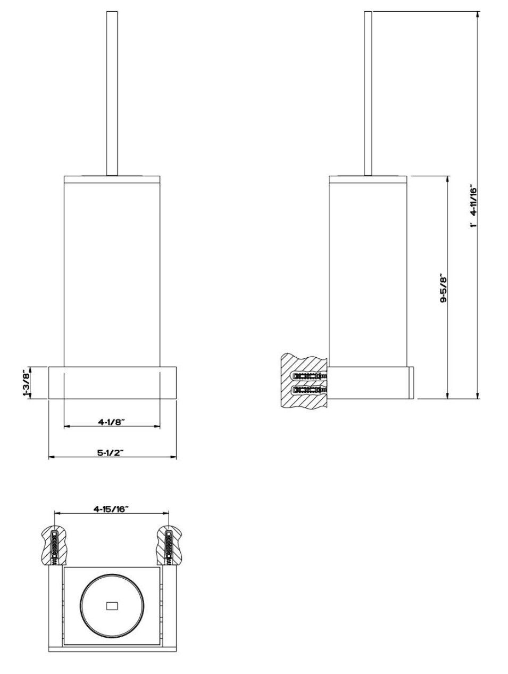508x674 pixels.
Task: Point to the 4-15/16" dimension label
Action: click(x=111, y=508)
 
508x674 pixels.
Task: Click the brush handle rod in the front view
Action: click(x=112, y=93)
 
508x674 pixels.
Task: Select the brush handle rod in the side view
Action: click(x=368, y=93)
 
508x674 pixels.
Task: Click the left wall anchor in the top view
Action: click(x=54, y=545)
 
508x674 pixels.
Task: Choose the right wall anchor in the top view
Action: click(x=169, y=545)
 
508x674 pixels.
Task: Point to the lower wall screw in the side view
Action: click(x=310, y=389)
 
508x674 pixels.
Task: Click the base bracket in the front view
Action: click(x=112, y=382)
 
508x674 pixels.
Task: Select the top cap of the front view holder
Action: click(x=112, y=179)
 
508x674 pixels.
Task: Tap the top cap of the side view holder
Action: click(x=368, y=179)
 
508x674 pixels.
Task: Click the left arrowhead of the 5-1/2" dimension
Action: click(x=51, y=457)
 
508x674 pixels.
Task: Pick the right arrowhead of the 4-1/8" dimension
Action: click(x=157, y=426)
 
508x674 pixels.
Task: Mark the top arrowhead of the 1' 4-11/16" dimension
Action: click(x=478, y=14)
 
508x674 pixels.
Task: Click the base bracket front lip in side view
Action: click(x=411, y=382)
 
